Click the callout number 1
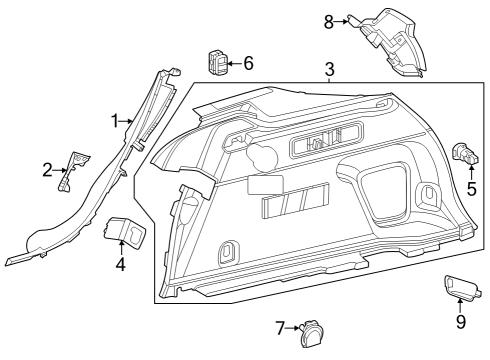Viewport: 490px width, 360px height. point(115,121)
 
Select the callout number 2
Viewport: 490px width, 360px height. point(47,170)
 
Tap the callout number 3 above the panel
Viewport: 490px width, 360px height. point(329,69)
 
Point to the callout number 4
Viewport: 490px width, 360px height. point(121,264)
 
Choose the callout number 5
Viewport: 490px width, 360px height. point(472,189)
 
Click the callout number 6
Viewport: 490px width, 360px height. point(248,63)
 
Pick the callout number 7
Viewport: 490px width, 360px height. point(281,328)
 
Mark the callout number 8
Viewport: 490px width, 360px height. point(329,22)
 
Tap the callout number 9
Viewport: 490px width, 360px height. point(461,322)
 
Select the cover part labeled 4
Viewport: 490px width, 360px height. point(125,232)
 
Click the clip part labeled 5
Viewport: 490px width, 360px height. point(465,153)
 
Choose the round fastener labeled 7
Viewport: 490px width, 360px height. point(313,334)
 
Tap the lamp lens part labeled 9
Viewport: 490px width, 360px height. point(462,286)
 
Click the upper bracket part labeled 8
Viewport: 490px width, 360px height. point(390,42)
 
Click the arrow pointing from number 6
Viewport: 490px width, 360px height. point(235,63)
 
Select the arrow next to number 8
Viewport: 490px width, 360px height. point(341,22)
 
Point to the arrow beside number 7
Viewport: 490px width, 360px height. point(293,328)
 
